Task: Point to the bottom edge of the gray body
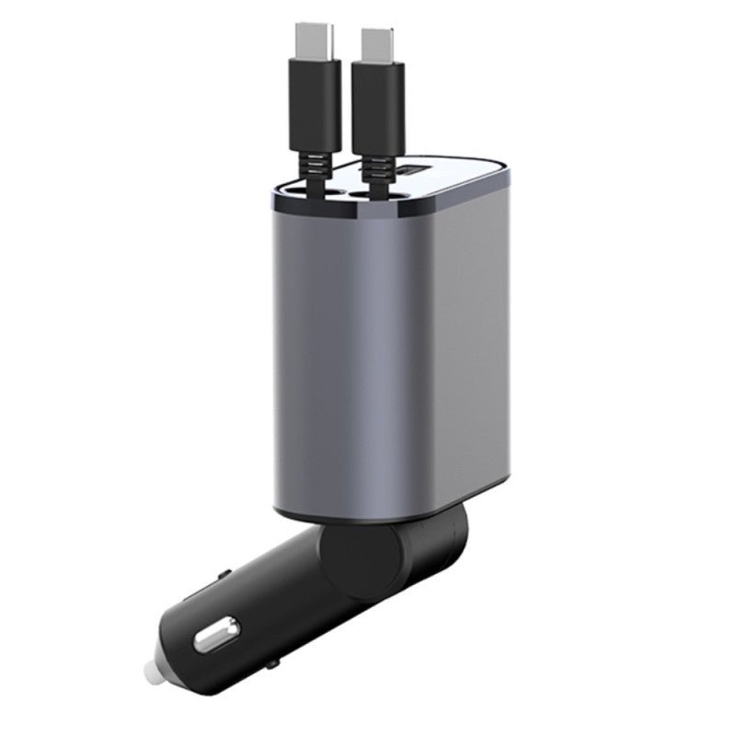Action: (x=386, y=515)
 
